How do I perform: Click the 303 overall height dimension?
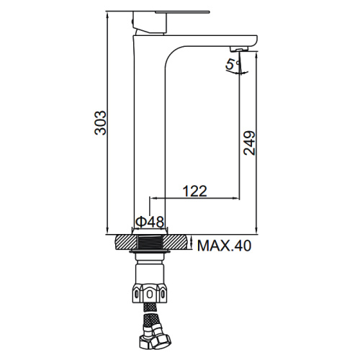point(100,122)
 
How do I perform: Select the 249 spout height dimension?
point(249,143)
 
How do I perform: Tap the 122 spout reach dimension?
point(194,191)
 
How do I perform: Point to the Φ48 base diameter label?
point(150,222)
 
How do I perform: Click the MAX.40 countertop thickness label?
point(224,246)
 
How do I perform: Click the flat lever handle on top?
point(182,12)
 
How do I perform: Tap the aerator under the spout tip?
point(240,49)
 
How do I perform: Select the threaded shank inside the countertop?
point(150,243)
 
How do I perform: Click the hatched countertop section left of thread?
point(127,243)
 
